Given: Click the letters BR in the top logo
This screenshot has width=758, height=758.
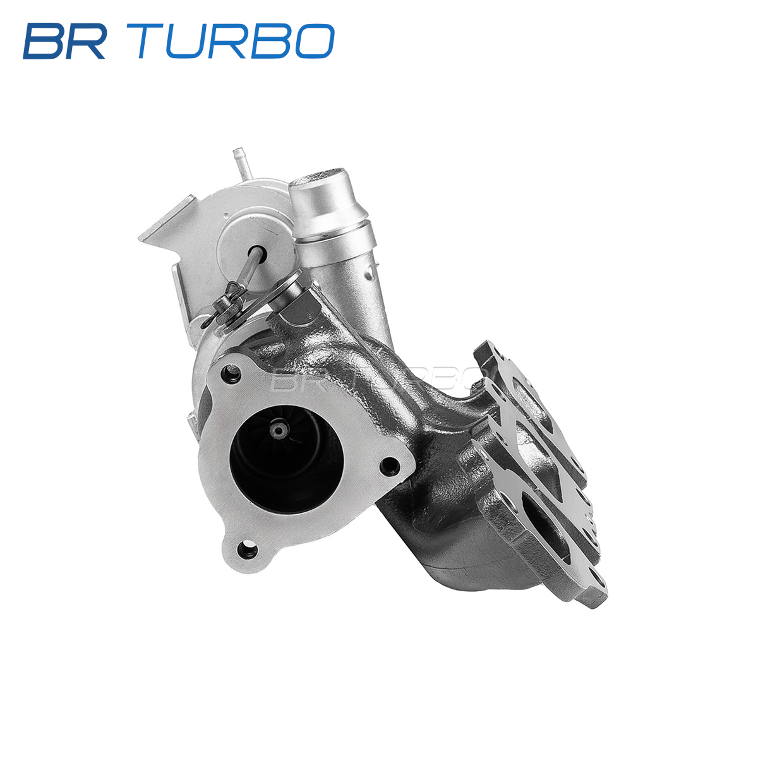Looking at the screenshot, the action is click(x=64, y=41).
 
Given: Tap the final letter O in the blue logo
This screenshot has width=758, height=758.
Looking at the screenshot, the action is click(x=315, y=41).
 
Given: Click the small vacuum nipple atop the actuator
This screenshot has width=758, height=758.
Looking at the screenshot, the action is click(x=238, y=159).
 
